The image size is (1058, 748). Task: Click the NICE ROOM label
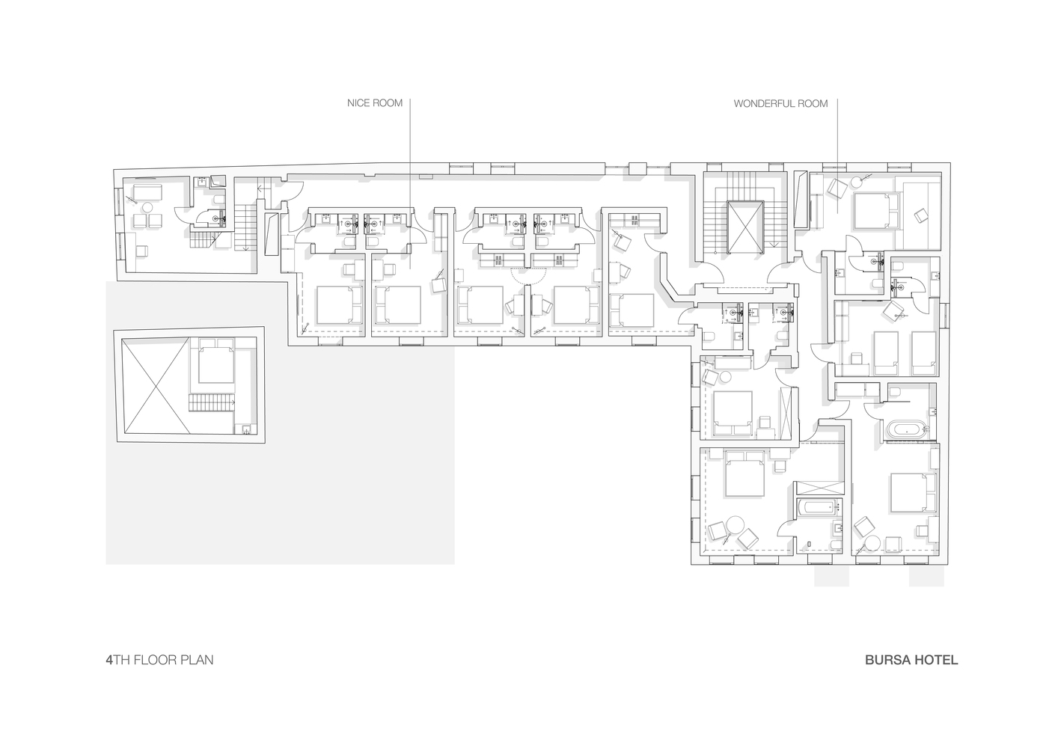click(375, 103)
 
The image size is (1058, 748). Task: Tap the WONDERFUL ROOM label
click(780, 103)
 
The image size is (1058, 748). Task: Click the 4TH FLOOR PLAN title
click(159, 660)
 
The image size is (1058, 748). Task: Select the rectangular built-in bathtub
click(819, 508)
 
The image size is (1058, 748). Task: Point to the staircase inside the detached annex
click(212, 402)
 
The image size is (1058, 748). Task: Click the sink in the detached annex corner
click(246, 429)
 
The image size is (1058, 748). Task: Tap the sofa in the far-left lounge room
click(148, 193)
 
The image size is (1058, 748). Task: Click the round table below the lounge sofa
click(148, 207)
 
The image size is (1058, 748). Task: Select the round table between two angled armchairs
click(735, 525)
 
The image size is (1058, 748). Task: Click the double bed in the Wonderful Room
click(875, 212)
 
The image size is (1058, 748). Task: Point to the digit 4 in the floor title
click(109, 660)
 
